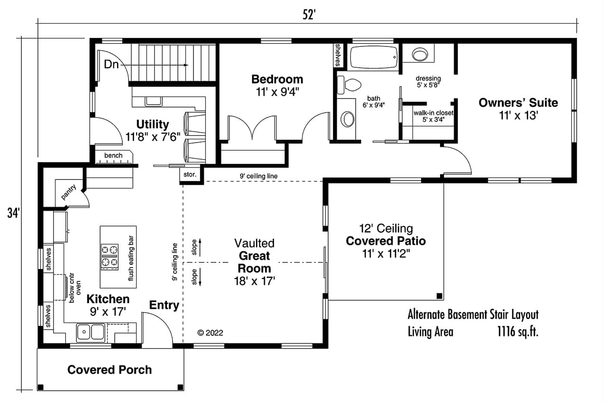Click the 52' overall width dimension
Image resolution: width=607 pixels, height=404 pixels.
coord(309,15)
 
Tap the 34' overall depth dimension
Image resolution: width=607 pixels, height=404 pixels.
coord(13,213)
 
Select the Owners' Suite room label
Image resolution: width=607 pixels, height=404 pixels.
coord(518,103)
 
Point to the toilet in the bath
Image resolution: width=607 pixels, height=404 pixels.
coord(349,85)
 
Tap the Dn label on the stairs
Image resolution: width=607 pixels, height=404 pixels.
coord(111,65)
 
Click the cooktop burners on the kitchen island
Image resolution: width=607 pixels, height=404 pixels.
coord(110,256)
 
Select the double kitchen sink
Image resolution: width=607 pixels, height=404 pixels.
coord(91,332)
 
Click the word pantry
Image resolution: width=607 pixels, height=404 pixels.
coord(68,192)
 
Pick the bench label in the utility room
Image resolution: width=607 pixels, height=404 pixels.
coord(113,155)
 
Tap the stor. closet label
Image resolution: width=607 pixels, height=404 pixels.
coord(191,175)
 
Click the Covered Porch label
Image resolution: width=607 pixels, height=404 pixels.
coord(110,370)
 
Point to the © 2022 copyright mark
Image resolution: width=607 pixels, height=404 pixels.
coord(210,333)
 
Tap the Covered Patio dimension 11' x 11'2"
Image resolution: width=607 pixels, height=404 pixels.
coord(386,253)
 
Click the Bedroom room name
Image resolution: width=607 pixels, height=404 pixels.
coord(277,79)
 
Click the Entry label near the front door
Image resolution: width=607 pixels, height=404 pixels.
coord(164,305)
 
